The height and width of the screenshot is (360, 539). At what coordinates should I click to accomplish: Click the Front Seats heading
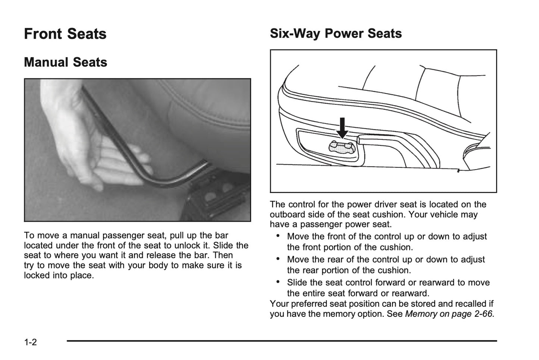click(65, 34)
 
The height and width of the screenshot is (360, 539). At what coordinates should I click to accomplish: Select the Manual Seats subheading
click(66, 62)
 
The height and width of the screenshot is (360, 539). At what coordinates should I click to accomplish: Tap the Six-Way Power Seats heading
click(336, 34)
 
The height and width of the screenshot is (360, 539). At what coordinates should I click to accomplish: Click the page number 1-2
click(31, 342)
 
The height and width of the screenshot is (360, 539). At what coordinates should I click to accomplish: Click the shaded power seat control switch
click(342, 148)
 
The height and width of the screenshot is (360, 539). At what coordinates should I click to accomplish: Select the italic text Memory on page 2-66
click(449, 314)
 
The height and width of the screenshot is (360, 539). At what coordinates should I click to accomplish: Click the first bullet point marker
click(278, 236)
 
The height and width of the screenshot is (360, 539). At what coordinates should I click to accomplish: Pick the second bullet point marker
click(278, 259)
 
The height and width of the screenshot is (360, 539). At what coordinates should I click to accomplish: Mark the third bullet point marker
click(278, 282)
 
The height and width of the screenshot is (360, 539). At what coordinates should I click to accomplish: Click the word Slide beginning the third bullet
click(297, 283)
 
